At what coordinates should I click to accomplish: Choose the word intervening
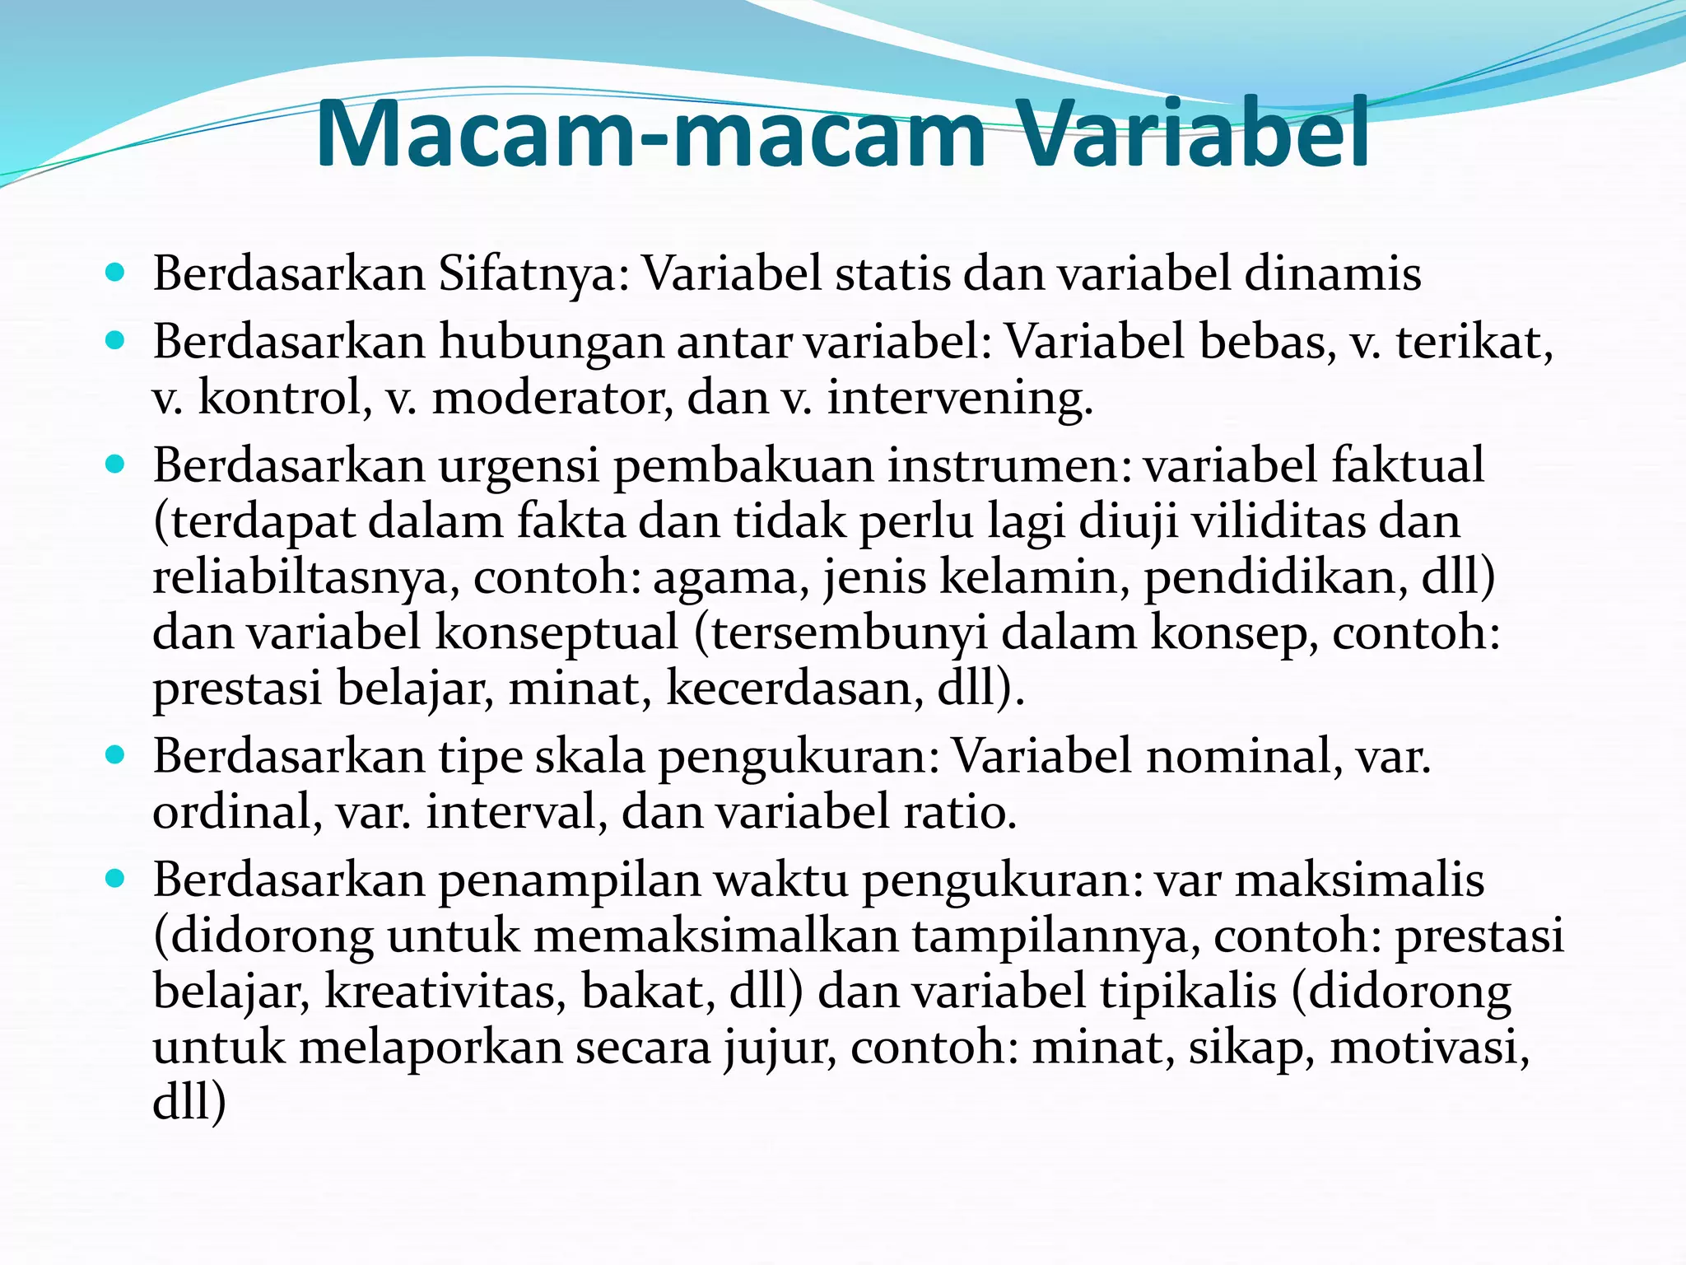(x=960, y=399)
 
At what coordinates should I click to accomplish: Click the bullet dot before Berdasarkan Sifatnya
(x=115, y=272)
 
